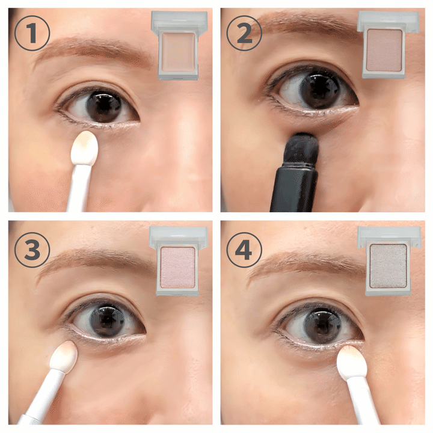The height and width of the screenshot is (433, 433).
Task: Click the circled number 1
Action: pyautogui.click(x=32, y=33)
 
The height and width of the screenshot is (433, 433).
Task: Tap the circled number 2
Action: pyautogui.click(x=244, y=33)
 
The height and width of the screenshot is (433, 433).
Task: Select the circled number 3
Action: pyautogui.click(x=32, y=250)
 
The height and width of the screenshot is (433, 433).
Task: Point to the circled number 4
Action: pyautogui.click(x=244, y=250)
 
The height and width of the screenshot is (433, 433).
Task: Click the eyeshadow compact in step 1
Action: pyautogui.click(x=179, y=46)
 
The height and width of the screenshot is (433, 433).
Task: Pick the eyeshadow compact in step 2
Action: pyautogui.click(x=388, y=45)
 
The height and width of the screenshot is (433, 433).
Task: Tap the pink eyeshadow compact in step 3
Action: pyautogui.click(x=178, y=261)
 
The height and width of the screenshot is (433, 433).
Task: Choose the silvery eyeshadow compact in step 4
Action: pyautogui.click(x=389, y=261)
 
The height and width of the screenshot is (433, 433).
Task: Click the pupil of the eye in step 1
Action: pyautogui.click(x=105, y=106)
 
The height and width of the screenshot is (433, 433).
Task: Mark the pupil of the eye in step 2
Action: pyautogui.click(x=321, y=89)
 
